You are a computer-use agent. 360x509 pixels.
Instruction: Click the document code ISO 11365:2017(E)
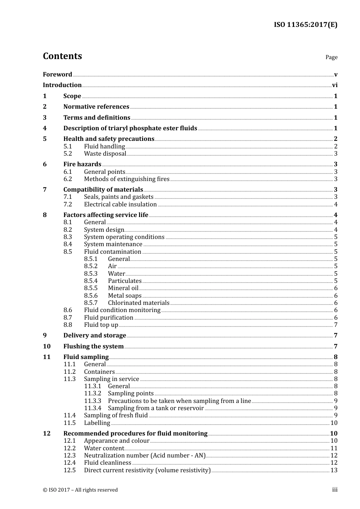coord(305,25)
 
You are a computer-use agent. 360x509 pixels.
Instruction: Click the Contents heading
coord(62,56)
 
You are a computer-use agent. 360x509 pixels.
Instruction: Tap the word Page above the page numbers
coord(331,57)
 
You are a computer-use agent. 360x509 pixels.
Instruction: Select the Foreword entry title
coord(57,75)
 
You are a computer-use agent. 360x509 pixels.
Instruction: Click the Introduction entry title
coord(62,85)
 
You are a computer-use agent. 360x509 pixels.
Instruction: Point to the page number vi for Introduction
coord(335,85)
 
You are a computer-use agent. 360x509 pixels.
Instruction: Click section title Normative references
coord(96,107)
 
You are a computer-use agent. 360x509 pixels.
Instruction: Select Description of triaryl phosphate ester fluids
coord(130,128)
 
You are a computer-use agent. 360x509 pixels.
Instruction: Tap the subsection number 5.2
coord(68,154)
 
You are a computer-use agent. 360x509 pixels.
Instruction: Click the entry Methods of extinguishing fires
coord(127,179)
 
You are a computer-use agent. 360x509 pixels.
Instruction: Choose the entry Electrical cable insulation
coord(120,205)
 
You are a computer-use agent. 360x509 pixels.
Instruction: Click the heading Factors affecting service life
coord(106,215)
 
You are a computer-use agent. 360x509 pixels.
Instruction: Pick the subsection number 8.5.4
coord(91,281)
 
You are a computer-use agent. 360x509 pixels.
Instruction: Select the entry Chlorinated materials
coord(138,303)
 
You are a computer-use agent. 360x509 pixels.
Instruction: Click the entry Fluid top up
coord(101,325)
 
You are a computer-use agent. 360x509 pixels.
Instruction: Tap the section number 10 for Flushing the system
coord(47,347)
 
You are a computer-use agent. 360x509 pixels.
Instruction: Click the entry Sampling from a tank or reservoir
coord(156,408)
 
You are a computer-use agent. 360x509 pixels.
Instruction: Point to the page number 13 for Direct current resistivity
coord(334,470)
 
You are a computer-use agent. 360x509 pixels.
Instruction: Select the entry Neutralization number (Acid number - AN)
coord(144,456)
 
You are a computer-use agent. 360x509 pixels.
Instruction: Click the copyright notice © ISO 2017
coord(80,490)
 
